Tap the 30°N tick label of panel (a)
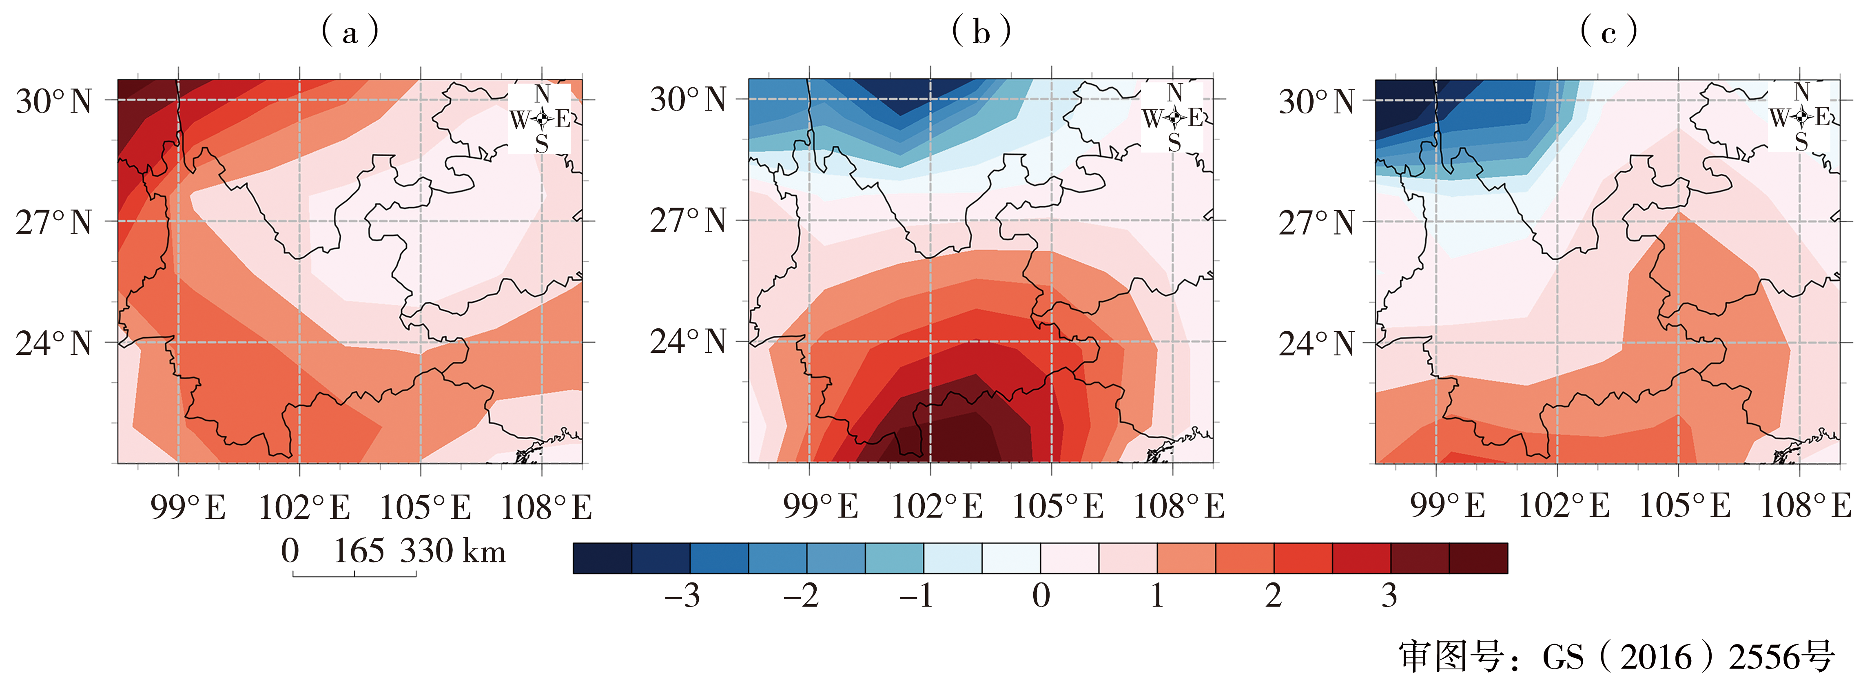click(x=54, y=101)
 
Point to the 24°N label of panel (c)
click(x=1316, y=343)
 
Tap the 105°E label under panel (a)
click(x=425, y=507)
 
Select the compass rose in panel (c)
click(x=1801, y=116)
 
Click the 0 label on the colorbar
click(x=1041, y=596)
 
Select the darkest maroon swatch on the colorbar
click(x=1478, y=558)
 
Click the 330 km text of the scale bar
click(x=453, y=551)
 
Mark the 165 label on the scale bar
click(x=358, y=551)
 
